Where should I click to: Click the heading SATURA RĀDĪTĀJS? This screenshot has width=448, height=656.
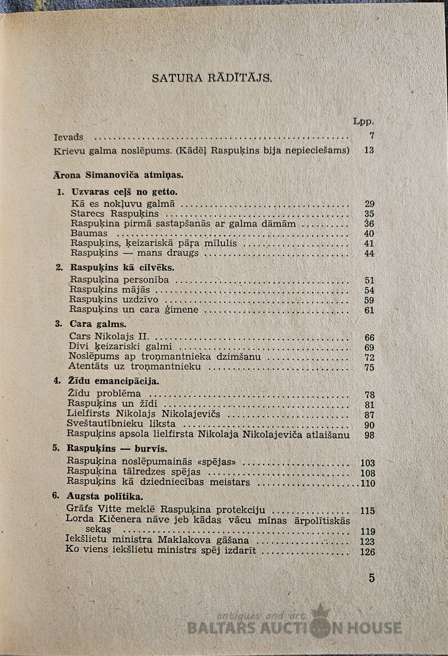(x=211, y=78)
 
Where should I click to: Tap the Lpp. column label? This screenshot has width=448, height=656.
(x=363, y=121)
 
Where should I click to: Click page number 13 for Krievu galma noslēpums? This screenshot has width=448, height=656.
(x=369, y=150)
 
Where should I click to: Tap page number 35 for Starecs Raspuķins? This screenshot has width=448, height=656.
(x=369, y=214)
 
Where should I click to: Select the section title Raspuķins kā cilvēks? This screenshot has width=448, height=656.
(x=122, y=268)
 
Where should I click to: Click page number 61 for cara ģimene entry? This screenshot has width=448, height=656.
(x=369, y=310)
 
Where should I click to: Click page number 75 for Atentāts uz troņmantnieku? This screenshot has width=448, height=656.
(x=369, y=367)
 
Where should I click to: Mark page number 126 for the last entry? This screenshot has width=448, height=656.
(x=368, y=552)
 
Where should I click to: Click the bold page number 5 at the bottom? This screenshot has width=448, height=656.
(x=372, y=578)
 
